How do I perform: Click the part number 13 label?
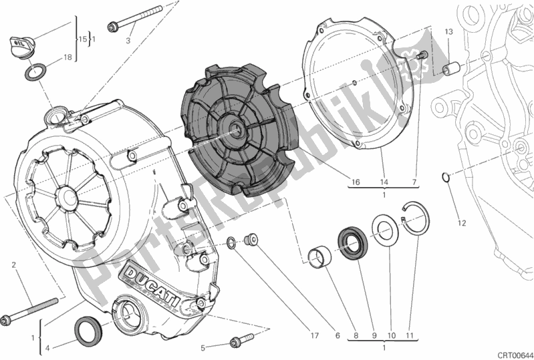(x=448, y=32)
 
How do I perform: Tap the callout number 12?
(x=460, y=222)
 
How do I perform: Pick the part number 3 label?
(x=129, y=40)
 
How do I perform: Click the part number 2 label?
(x=13, y=266)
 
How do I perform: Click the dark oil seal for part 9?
(x=351, y=240)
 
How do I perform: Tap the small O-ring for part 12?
(x=446, y=177)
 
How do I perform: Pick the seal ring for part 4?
(x=88, y=329)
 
